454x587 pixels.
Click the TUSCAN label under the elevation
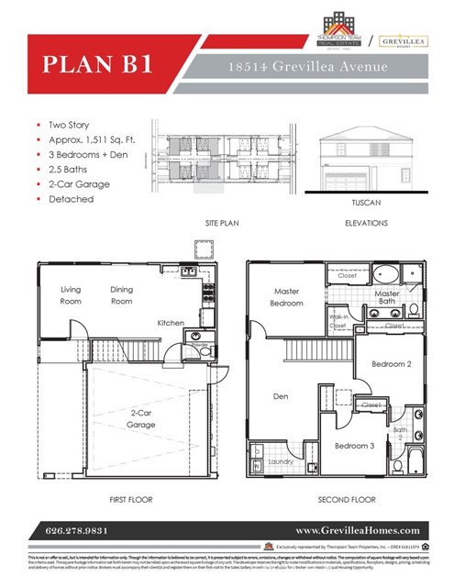365,202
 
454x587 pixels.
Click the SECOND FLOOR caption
346,500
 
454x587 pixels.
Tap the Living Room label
71,295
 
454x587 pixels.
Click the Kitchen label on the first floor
170,323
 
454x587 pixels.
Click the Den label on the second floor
281,397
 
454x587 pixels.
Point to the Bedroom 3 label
354,446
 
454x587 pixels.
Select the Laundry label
281,462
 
